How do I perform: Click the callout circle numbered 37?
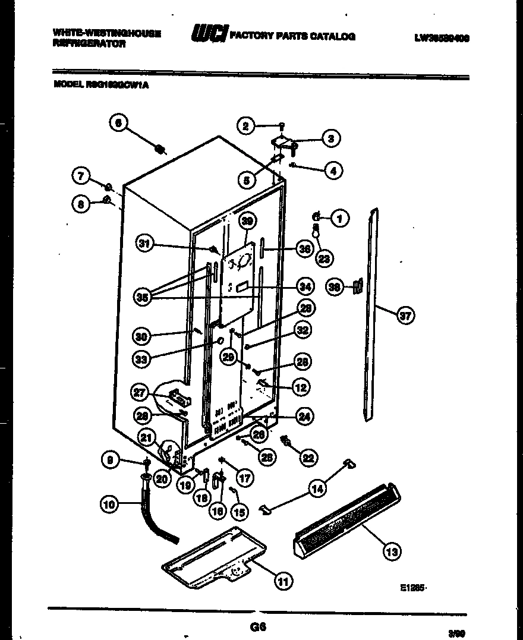405,316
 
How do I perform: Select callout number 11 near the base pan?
284,582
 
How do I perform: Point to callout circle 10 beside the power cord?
108,505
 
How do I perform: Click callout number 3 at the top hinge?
331,138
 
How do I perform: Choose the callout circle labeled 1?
339,218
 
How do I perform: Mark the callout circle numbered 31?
143,243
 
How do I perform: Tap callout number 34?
304,287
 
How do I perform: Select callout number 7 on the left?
81,175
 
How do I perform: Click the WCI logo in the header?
208,36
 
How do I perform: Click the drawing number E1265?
413,588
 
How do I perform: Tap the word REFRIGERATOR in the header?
89,44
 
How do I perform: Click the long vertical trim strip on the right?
371,315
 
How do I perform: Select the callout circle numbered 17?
242,477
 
